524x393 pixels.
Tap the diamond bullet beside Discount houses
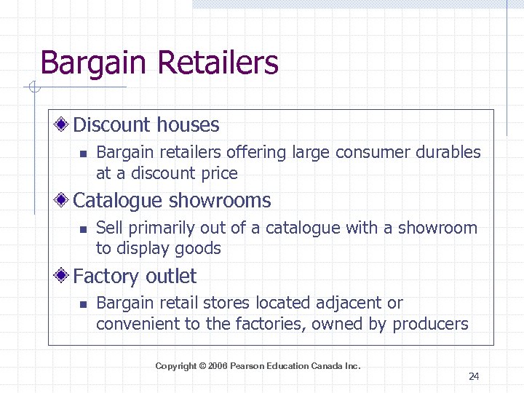64,125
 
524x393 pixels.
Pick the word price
220,173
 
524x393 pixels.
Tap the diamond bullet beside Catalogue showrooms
64,201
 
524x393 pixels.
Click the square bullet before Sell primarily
83,229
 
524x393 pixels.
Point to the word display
144,249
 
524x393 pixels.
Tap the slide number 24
474,376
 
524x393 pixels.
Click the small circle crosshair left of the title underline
32,88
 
